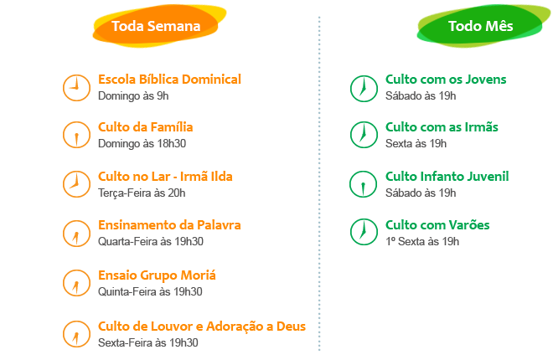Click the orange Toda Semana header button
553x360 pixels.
click(156, 26)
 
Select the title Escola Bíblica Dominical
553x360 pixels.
click(170, 79)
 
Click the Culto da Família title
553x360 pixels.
click(146, 127)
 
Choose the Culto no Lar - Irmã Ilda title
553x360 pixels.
click(165, 177)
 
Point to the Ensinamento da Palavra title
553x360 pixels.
click(169, 225)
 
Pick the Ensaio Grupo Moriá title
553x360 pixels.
click(157, 275)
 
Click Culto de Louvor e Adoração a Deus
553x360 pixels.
click(202, 326)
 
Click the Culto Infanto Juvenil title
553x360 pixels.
click(447, 176)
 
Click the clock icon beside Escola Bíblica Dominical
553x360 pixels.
click(76, 86)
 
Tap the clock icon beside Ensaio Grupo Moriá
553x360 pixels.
click(76, 282)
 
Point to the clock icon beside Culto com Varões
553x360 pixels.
click(363, 232)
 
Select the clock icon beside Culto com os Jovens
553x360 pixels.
click(363, 86)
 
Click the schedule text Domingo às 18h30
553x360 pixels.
click(142, 144)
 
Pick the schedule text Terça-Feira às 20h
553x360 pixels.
click(141, 193)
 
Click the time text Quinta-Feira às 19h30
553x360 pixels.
click(150, 291)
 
